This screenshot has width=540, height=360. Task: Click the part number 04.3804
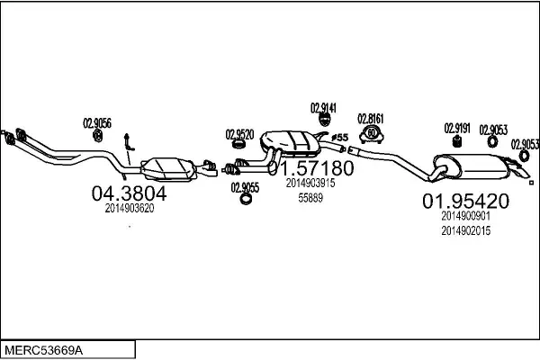click(130, 193)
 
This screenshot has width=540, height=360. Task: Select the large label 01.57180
click(310, 168)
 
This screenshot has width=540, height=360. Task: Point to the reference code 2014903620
click(130, 208)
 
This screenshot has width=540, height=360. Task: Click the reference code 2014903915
click(310, 183)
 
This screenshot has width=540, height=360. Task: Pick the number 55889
click(310, 198)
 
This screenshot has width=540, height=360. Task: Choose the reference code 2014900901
click(465, 216)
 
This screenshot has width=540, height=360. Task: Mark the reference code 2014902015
click(465, 230)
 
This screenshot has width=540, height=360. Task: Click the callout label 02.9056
click(97, 123)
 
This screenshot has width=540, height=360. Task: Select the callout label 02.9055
click(245, 187)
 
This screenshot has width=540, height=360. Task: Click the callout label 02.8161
click(371, 118)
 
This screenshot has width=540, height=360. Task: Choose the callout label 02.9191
click(457, 128)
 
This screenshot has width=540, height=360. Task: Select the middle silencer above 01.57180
click(291, 142)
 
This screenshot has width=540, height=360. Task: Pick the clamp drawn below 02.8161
click(370, 135)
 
